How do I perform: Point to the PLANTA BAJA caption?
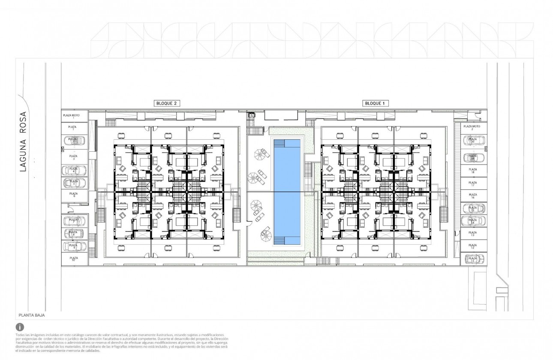coord(31,315)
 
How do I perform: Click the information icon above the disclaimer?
coord(19,327)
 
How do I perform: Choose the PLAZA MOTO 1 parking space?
coord(73,115)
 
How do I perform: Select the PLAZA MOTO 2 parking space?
coord(473,128)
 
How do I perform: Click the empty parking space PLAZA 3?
coord(73,157)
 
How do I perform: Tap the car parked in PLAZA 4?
coord(73,170)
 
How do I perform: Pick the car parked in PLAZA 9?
coord(73,246)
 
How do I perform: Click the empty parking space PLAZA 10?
coord(73,258)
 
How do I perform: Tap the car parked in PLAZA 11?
coord(473,258)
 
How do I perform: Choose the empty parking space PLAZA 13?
coord(473,234)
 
